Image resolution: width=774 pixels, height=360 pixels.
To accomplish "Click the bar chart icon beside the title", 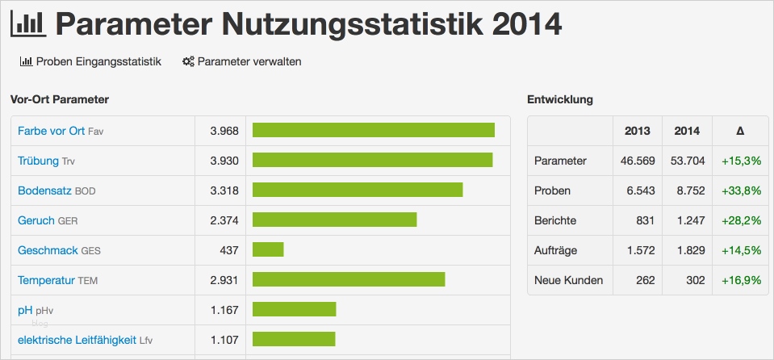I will click(x=27, y=23).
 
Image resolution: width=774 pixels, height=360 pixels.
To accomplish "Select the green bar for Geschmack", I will click(x=268, y=250).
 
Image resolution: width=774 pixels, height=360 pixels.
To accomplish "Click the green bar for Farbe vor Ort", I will click(x=373, y=131).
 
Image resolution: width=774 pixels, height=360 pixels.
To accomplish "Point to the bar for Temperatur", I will click(x=349, y=280).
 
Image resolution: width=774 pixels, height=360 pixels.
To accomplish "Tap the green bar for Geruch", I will click(x=334, y=220).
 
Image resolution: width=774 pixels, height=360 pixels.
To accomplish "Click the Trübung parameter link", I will click(x=38, y=161).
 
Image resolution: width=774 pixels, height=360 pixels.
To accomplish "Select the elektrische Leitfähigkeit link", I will click(x=77, y=340).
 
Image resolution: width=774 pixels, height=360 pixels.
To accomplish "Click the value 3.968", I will click(x=224, y=131).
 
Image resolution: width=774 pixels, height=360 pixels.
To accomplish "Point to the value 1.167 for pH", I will click(x=224, y=310).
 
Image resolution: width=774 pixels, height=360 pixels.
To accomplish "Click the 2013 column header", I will click(x=637, y=131).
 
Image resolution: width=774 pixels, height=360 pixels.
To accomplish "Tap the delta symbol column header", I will click(x=740, y=131).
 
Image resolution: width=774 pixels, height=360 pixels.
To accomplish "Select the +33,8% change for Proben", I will click(x=741, y=190).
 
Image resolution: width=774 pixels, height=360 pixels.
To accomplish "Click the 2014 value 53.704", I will click(x=687, y=161).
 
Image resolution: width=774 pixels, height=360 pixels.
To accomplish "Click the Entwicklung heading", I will click(x=559, y=99).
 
